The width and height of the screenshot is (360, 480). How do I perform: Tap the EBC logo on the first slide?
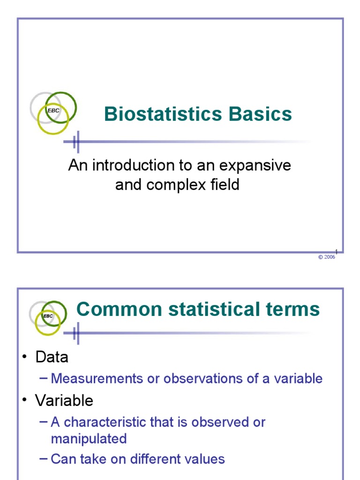53,111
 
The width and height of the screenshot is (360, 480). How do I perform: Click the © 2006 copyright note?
327,257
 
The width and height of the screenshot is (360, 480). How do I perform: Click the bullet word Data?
52,357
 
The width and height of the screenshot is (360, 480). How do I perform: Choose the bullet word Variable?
64,400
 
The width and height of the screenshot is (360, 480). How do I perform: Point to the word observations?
199,378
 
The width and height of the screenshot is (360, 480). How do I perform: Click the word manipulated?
89,439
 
